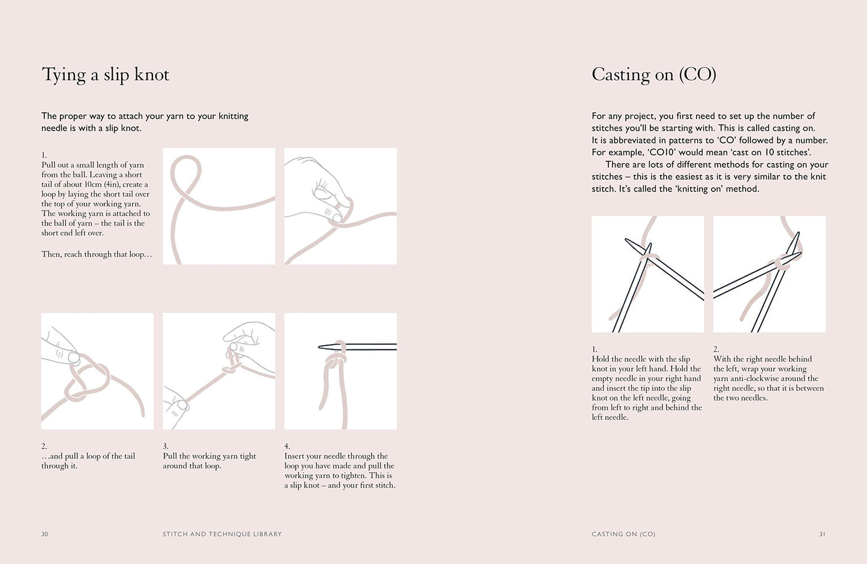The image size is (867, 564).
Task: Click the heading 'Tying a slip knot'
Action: click(x=105, y=75)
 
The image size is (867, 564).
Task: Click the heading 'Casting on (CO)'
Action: click(x=654, y=75)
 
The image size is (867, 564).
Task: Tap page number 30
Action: click(x=45, y=534)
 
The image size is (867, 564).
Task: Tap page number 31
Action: click(x=823, y=534)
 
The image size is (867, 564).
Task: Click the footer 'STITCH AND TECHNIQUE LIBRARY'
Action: click(x=222, y=534)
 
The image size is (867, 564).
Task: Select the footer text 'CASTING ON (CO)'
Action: click(x=623, y=534)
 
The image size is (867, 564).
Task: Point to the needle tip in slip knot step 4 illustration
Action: click(x=320, y=347)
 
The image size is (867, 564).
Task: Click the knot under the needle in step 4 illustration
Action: click(x=336, y=361)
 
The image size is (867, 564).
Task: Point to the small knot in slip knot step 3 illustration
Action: click(x=229, y=370)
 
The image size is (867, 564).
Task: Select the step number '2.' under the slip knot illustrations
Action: click(x=44, y=446)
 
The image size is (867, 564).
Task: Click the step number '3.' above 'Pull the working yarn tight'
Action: click(x=166, y=446)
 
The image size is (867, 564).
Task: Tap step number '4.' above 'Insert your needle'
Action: click(x=287, y=446)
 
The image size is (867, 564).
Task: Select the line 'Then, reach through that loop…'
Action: click(x=97, y=254)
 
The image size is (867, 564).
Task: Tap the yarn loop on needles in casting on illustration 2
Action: click(x=782, y=264)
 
